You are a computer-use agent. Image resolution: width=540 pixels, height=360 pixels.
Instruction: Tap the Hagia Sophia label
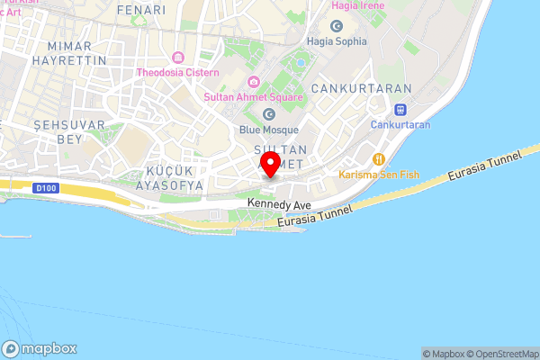pos(337,41)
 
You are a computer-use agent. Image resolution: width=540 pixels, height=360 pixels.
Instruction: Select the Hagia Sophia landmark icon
pos(337,26)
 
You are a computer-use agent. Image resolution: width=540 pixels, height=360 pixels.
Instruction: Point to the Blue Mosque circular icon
pos(269,114)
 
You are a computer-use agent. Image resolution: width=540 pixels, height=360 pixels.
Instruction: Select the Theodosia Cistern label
pos(176,72)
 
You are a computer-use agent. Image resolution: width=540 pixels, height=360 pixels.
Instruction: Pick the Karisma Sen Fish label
pos(379,174)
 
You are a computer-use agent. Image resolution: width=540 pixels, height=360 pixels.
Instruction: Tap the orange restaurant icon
pos(379,158)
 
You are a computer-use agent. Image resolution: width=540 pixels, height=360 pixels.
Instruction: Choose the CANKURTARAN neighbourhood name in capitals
pos(360,89)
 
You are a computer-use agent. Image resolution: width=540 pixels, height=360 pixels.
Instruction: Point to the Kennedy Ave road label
pos(279,206)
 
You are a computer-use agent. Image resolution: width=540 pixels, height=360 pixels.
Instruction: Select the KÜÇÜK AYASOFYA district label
pos(174,177)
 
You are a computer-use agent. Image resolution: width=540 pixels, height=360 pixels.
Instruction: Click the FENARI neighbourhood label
pos(141,10)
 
